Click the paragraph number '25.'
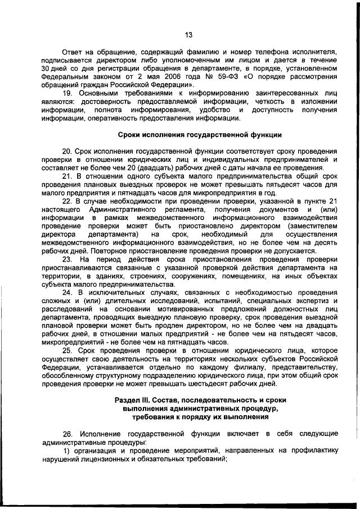pyautogui.click(x=67, y=350)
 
